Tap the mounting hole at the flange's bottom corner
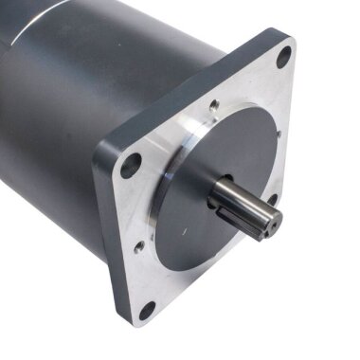(x=147, y=311)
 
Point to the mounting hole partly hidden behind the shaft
(x=272, y=201)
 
